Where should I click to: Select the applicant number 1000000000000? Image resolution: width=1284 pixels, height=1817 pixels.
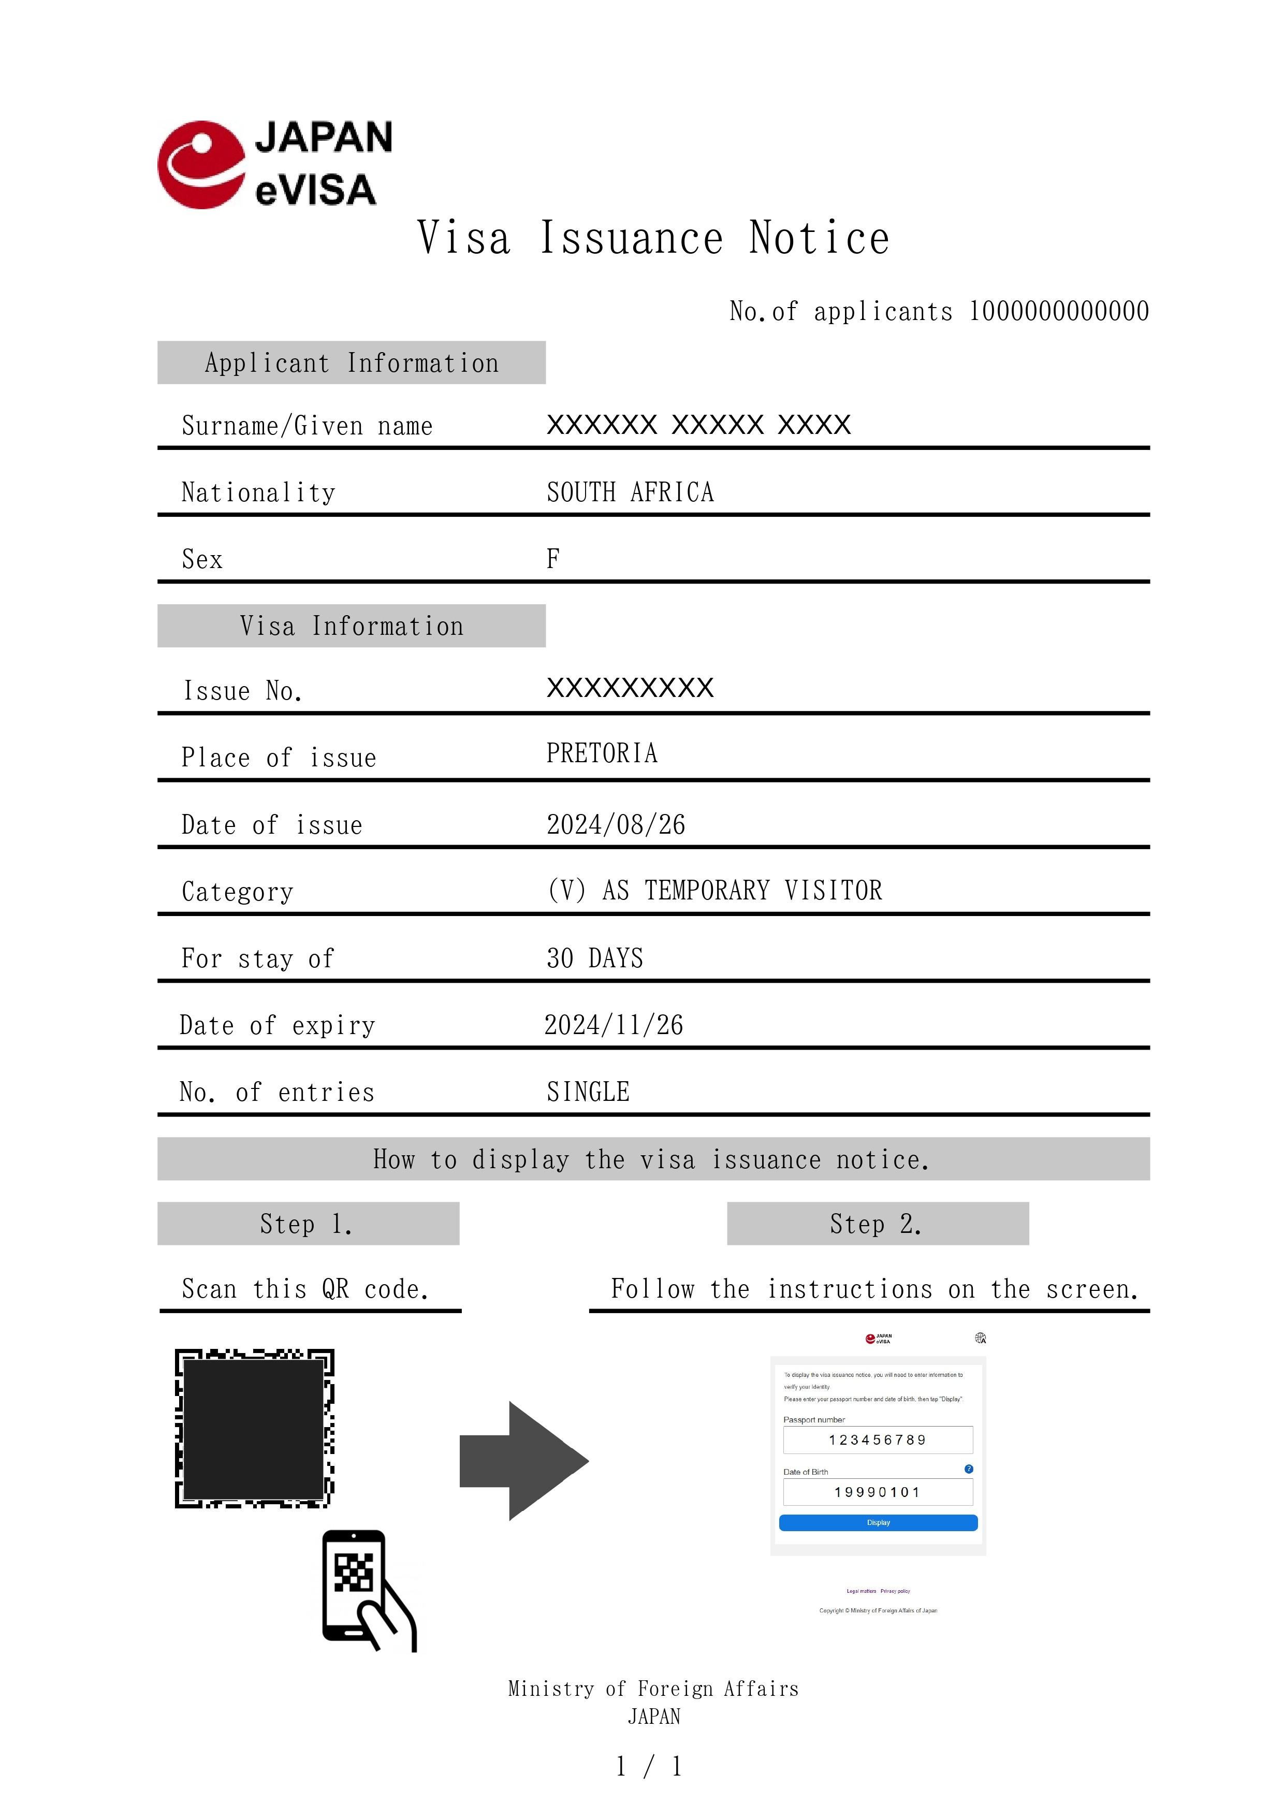1059,311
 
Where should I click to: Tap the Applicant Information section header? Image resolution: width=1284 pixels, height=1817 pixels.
351,363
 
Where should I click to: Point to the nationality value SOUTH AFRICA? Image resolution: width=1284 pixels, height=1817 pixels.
630,492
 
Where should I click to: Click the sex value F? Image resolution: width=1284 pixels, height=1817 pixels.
553,559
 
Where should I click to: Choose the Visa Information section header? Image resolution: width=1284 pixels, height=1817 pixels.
351,626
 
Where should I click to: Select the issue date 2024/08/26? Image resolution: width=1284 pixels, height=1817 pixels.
616,824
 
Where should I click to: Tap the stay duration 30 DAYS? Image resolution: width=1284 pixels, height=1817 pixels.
594,958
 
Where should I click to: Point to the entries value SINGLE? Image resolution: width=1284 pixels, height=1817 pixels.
588,1092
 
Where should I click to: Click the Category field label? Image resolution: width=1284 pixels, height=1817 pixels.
237,892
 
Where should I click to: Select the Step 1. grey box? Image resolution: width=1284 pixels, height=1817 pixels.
308,1224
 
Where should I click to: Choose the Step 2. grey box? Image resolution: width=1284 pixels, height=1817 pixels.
878,1224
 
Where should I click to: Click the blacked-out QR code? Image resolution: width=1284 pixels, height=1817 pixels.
254,1429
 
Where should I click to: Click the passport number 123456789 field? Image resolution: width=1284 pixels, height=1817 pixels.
878,1440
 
